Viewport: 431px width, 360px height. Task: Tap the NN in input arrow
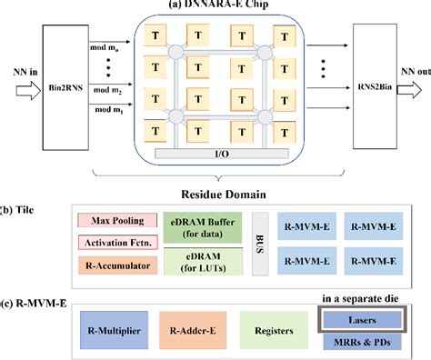(17, 88)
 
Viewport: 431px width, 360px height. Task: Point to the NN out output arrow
(414, 89)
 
